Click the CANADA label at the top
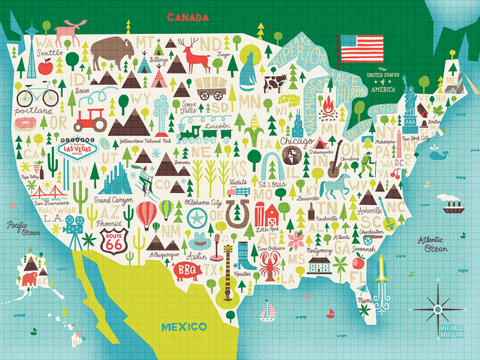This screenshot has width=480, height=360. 188,17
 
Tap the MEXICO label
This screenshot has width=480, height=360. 184,327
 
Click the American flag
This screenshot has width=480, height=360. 362,48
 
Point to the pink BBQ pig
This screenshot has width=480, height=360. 190,269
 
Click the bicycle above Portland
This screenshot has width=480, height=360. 37,96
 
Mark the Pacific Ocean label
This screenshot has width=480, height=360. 23,228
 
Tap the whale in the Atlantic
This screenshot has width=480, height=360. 438,153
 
